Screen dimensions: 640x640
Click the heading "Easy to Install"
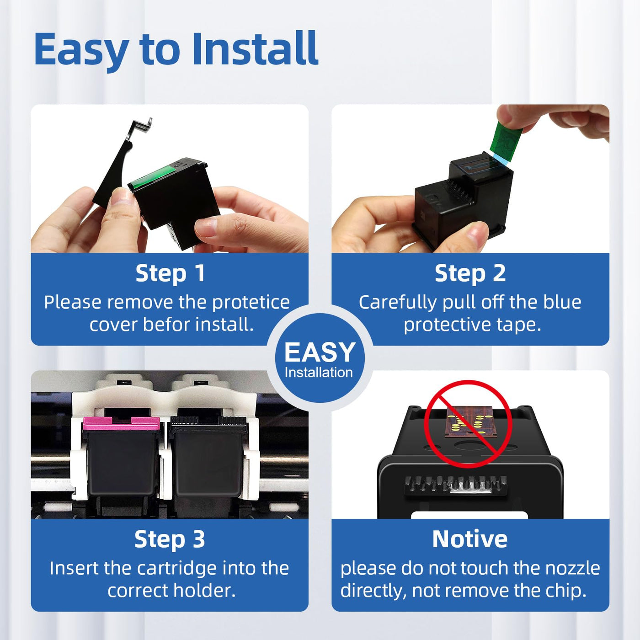tap(176, 50)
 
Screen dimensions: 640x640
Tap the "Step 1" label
tap(170, 274)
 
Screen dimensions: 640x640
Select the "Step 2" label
tap(470, 274)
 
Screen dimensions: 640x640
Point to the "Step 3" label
tap(170, 539)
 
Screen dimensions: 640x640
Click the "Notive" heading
tap(470, 539)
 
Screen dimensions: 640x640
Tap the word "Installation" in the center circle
tap(319, 373)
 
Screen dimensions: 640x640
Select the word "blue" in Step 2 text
tap(562, 302)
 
